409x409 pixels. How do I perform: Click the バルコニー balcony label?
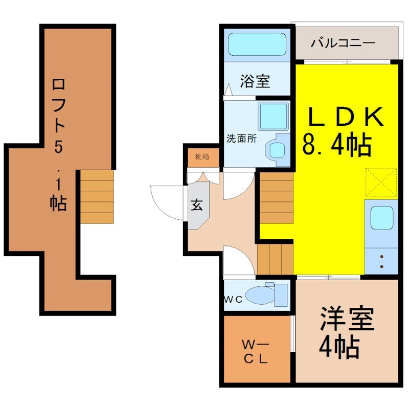(343, 43)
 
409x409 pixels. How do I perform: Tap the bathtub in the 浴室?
(257, 44)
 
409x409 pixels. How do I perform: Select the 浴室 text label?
(255, 81)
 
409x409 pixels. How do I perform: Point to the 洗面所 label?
(241, 139)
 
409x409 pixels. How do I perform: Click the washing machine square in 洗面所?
(274, 116)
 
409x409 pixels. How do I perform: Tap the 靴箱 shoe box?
(202, 157)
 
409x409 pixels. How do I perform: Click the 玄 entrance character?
(197, 205)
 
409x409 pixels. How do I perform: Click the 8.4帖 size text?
(337, 144)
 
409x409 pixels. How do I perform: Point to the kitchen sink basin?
(382, 218)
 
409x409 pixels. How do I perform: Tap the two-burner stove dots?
(382, 262)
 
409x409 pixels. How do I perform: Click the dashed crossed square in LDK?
(381, 182)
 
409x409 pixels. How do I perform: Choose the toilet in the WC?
(266, 294)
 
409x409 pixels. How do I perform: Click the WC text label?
(233, 299)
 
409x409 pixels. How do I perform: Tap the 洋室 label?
(348, 319)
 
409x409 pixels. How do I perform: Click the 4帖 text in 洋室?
(339, 347)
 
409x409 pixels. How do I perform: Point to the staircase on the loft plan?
(97, 197)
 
